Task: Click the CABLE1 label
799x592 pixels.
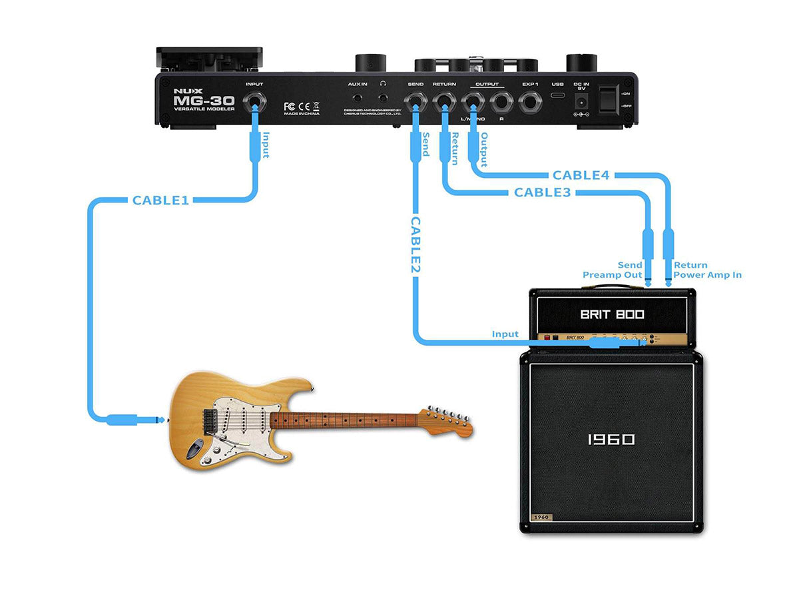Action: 160,200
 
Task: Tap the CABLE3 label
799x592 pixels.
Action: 543,192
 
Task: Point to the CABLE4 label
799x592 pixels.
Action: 581,176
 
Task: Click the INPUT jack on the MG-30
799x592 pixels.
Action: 254,103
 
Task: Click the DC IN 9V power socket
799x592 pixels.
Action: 581,103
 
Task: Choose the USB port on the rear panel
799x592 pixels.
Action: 557,101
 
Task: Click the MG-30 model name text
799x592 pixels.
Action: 204,100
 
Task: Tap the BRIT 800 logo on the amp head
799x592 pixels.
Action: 612,314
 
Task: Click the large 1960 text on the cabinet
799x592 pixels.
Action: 611,440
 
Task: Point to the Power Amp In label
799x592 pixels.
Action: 707,275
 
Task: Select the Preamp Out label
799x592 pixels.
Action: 613,275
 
